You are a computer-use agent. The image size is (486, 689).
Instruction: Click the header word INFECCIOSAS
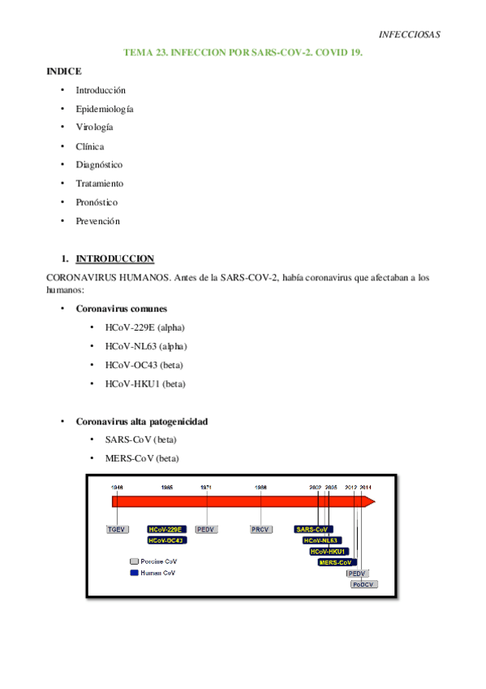(410, 34)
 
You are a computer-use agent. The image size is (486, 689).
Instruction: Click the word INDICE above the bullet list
(64, 71)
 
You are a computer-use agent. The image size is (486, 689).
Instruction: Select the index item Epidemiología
(105, 109)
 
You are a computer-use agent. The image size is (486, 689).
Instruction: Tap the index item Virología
(95, 128)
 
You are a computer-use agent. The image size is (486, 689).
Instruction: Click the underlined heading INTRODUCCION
(114, 259)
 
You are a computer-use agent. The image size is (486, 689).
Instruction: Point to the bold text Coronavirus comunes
(122, 309)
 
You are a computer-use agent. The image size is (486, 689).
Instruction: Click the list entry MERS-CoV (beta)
(142, 458)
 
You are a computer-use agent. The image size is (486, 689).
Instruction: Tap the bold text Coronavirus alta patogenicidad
(142, 422)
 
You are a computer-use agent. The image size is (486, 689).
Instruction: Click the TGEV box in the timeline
(118, 529)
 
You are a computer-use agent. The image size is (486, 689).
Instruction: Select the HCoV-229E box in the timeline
(166, 529)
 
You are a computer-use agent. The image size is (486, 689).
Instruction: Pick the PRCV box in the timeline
(260, 529)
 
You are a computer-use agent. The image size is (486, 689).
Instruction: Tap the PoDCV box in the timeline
(363, 583)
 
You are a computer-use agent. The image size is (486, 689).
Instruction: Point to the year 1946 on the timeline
(117, 487)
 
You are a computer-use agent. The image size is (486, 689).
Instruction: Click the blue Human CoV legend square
(134, 573)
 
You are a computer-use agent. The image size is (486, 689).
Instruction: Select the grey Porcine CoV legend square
(134, 561)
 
